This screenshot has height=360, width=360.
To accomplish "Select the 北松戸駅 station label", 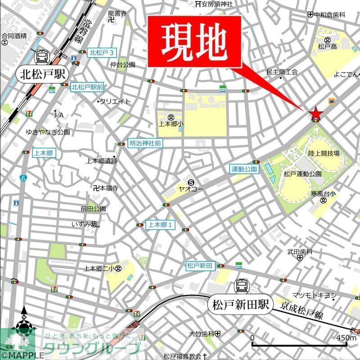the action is tap(41, 75).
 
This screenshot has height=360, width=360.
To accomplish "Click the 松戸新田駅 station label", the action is tap(242, 305).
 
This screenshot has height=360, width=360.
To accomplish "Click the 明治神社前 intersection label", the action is tap(145, 143).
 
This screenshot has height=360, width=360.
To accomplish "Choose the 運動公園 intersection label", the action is tap(244, 170).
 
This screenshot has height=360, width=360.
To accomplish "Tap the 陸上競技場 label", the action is tap(323, 154).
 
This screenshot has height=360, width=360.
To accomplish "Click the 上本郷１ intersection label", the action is tap(161, 225).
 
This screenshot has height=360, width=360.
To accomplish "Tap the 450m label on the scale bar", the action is tap(346, 338).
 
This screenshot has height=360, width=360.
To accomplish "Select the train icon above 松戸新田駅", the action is tap(242, 286).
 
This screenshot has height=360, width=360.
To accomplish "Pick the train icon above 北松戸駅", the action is tap(41, 56).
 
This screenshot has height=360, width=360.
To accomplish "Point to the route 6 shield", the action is tap(23, 179).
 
